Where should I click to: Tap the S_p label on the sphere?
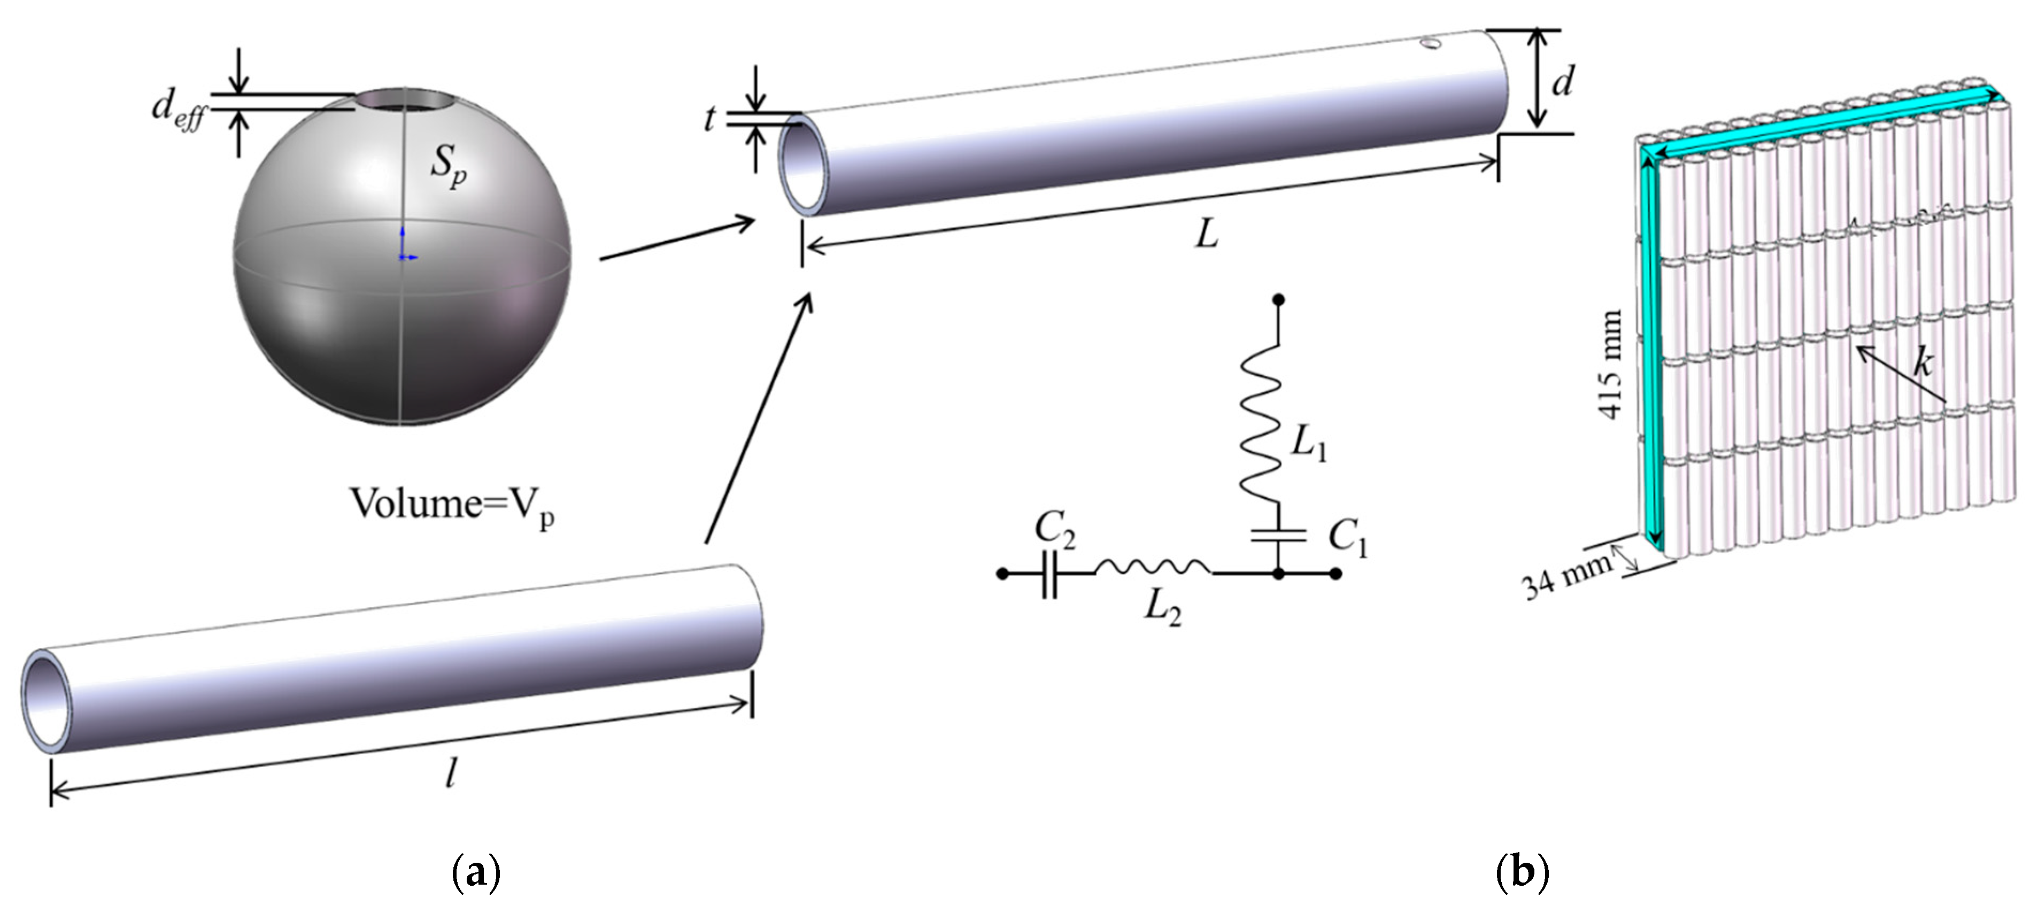pos(448,168)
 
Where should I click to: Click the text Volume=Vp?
pos(451,505)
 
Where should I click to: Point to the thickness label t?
pos(709,119)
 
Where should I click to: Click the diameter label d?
pos(1562,81)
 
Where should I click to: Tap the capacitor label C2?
pos(1055,530)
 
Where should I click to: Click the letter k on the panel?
pos(1923,362)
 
